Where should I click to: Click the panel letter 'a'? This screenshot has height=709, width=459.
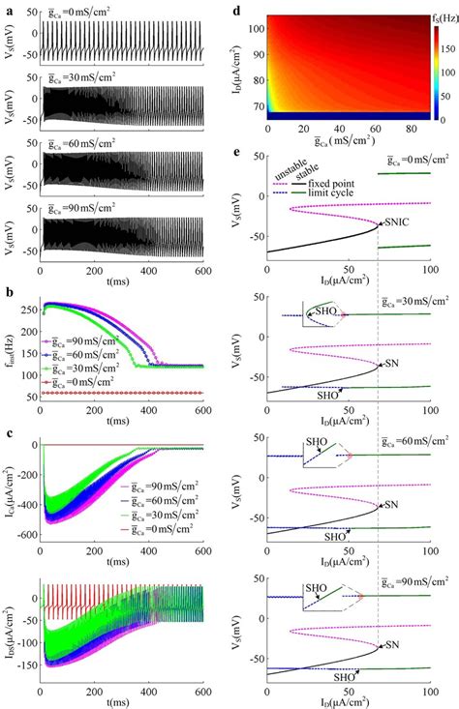click(7, 8)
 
